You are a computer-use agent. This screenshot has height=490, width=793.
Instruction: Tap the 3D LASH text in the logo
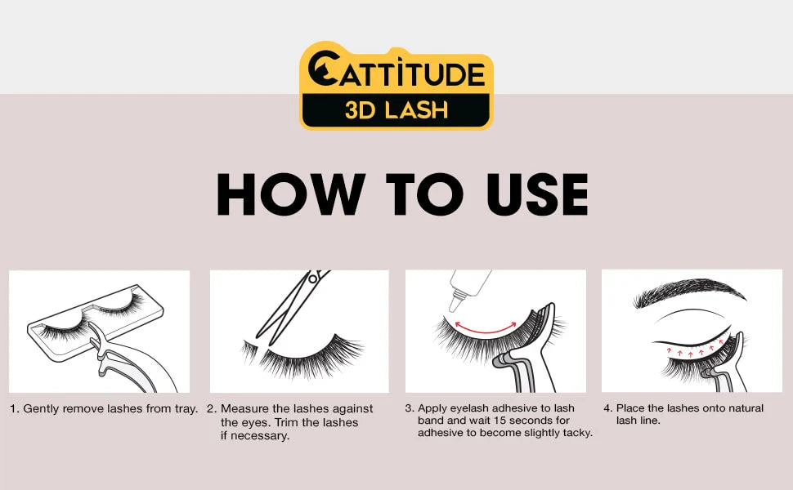396,109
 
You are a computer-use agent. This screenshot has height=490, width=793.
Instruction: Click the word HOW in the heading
291,194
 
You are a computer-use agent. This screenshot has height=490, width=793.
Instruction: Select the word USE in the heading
537,194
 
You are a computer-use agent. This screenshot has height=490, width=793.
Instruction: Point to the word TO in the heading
425,194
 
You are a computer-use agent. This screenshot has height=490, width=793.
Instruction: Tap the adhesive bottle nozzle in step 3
455,301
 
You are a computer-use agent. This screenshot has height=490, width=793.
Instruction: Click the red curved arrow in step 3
486,328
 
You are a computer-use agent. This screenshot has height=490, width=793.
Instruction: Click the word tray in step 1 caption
186,409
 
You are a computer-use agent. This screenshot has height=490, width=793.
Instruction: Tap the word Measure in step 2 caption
244,408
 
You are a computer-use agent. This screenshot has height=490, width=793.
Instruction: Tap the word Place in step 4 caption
630,408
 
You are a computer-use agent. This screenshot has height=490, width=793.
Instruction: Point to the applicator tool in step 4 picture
728,366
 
